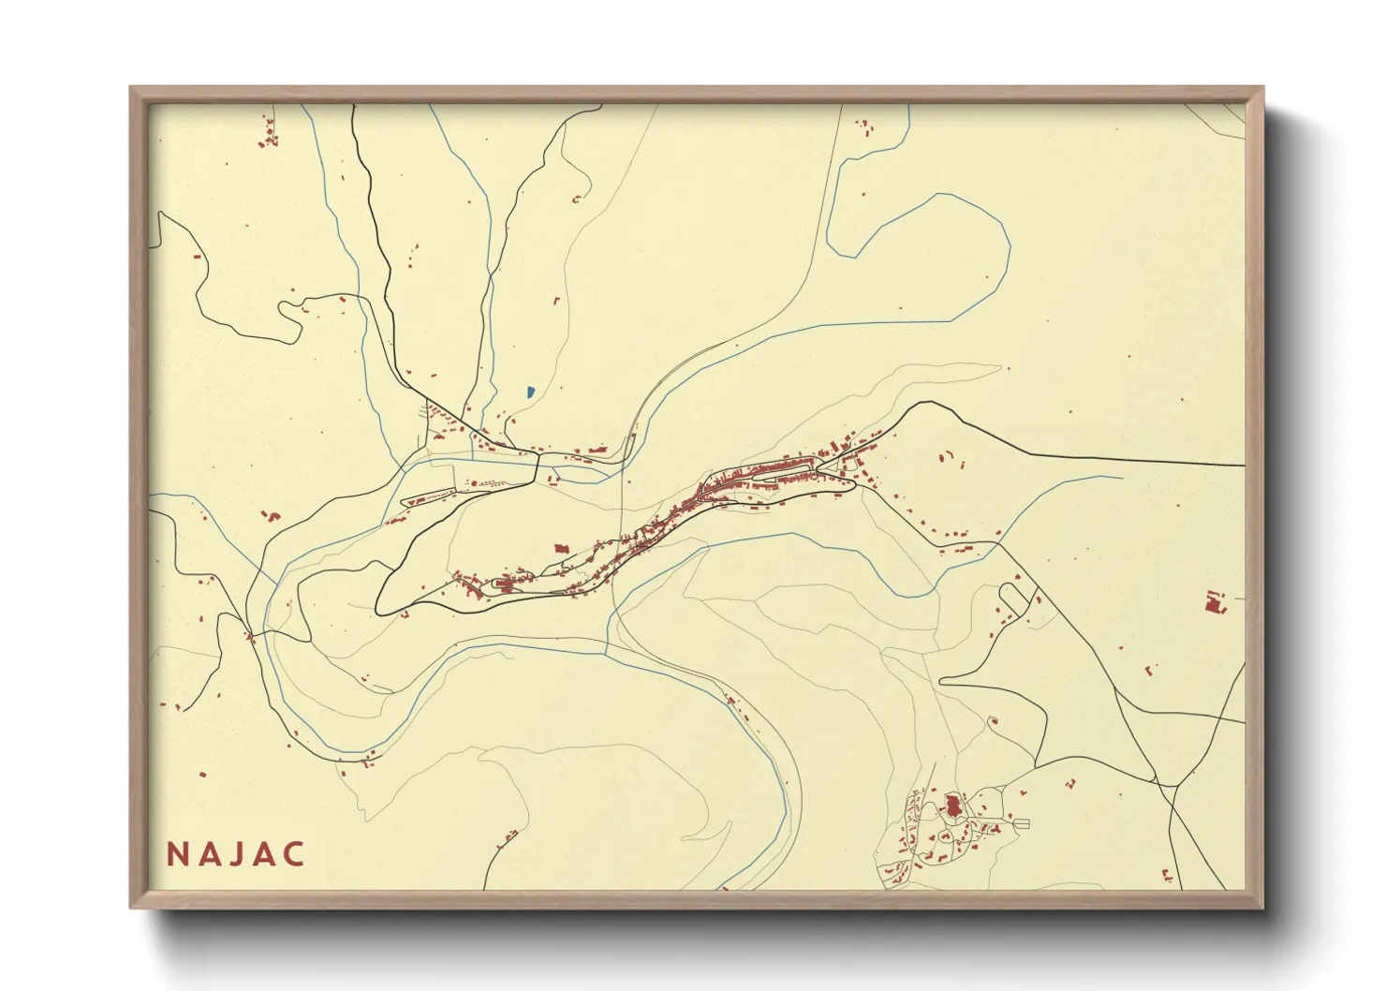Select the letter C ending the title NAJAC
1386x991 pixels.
294,854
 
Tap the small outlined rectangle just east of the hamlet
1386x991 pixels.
1022,823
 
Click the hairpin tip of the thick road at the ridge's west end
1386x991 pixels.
377,606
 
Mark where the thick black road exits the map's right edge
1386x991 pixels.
1244,465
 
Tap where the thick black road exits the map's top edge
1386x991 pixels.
353,107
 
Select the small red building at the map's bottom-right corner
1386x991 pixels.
1168,877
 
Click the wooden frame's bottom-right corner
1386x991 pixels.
1261,906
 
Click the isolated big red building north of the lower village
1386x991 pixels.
562,549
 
